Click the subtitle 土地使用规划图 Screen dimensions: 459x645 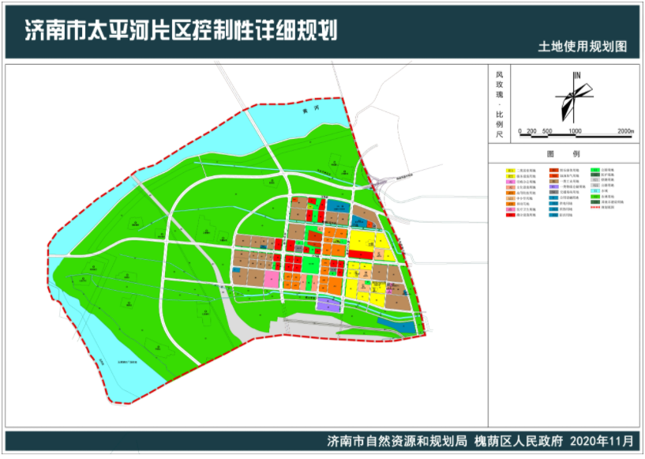pyautogui.click(x=583, y=47)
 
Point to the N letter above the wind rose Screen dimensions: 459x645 pyautogui.click(x=578, y=75)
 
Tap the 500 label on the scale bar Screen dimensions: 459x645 pyautogui.click(x=546, y=131)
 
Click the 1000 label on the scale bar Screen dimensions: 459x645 pyautogui.click(x=575, y=131)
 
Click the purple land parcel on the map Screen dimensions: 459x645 pyautogui.click(x=328, y=303)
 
